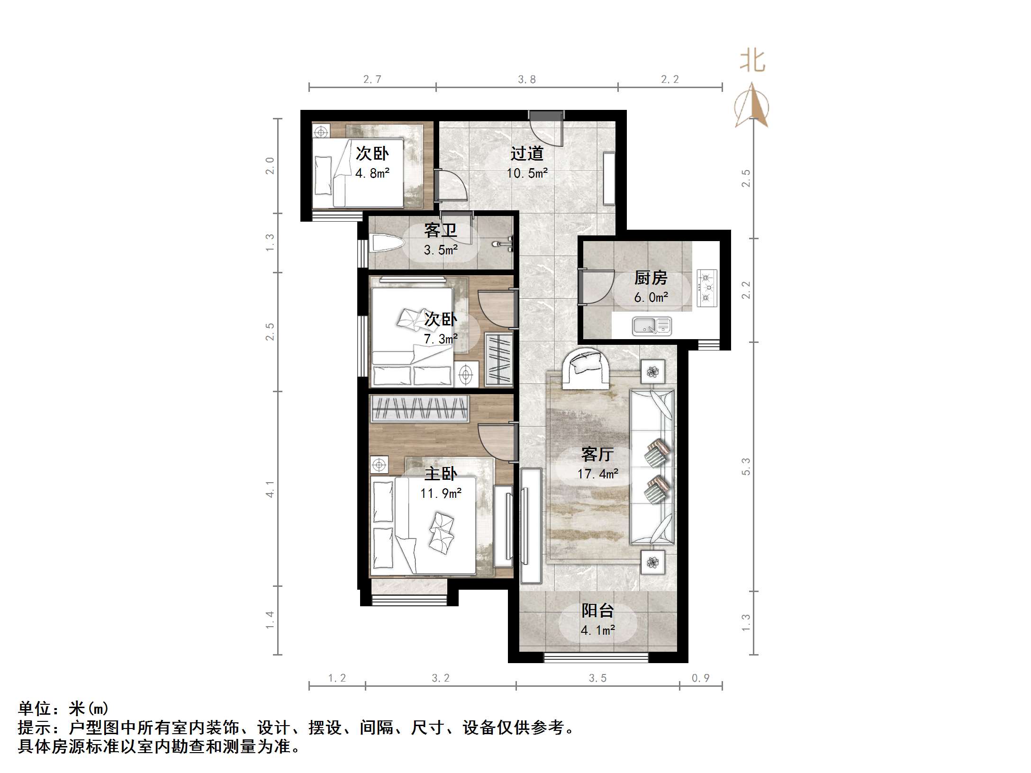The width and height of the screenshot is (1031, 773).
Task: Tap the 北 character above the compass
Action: (752, 62)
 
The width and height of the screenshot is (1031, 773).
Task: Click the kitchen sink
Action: (651, 326)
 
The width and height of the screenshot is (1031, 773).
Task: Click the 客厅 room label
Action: (597, 454)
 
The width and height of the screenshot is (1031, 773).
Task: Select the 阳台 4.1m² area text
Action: (597, 630)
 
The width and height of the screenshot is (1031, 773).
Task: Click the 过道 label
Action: (526, 153)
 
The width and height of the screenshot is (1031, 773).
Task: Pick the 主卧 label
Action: (440, 474)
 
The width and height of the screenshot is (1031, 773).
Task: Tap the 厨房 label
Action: (651, 278)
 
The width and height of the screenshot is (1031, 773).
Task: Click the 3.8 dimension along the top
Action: (526, 79)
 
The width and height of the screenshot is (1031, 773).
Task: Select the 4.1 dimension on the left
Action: (270, 489)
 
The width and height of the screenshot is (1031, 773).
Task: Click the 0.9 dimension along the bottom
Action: (700, 678)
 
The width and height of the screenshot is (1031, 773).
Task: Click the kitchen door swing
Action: (595, 287)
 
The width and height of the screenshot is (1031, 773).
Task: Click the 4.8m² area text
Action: (372, 173)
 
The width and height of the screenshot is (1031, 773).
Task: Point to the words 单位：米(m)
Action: (63, 709)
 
